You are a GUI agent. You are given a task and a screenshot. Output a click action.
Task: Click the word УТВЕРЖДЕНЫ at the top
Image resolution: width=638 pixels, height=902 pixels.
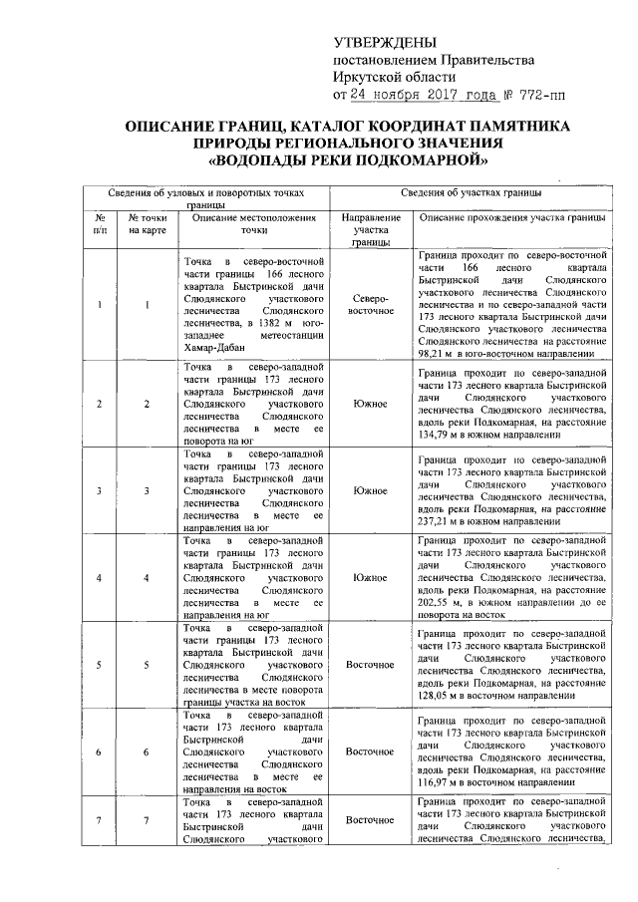384,43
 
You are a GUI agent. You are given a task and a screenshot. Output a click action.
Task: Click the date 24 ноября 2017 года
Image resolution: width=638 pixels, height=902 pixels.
416,96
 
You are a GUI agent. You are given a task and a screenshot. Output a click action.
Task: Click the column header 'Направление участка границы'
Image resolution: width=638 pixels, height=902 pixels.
370,229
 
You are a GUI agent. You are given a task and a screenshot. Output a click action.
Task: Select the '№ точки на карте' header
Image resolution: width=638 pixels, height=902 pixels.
147,223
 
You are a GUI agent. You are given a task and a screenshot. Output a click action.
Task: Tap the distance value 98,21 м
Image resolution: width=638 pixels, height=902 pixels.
440,353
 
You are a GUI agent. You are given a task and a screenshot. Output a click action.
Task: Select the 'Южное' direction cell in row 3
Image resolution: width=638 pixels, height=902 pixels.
370,490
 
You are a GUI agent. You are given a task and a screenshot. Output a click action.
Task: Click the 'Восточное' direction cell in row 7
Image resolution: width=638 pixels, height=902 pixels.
370,820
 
